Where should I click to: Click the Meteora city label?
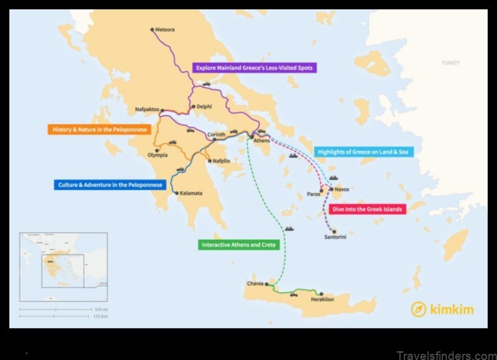pos(165,29)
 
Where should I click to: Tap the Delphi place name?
pos(204,106)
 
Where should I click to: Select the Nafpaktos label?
pos(147,110)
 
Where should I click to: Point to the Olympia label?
pos(157,155)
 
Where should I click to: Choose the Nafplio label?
pos(221,161)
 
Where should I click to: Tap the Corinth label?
pos(216,134)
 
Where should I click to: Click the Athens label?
pos(262,141)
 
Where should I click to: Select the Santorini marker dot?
pos(334,230)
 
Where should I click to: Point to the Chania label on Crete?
pos(255,284)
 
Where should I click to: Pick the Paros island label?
pos(314,194)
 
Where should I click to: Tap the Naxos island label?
pos(342,189)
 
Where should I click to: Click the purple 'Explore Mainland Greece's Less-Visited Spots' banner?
pos(254,68)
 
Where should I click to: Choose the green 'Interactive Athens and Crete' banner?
pos(238,245)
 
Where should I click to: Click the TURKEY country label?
pos(450,63)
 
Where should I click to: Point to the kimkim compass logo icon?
pos(419,308)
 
